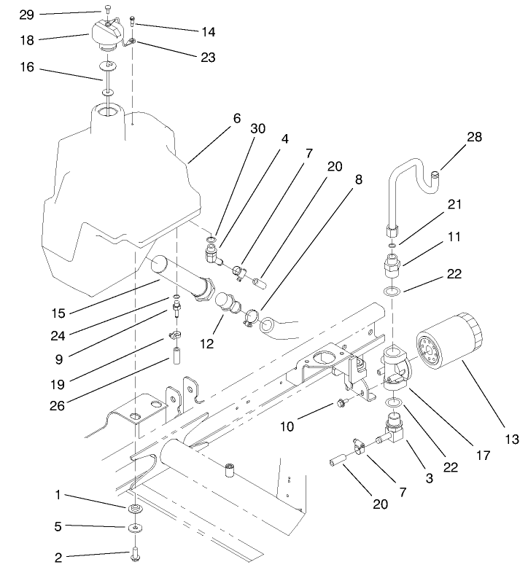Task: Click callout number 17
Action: (x=481, y=455)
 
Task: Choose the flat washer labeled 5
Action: (x=136, y=526)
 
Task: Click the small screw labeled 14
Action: (x=132, y=21)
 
